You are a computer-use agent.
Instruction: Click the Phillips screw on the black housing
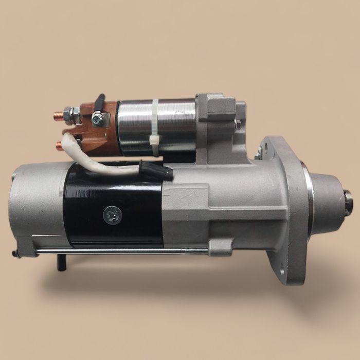pyautogui.click(x=112, y=215)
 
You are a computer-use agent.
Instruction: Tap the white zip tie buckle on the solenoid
pyautogui.click(x=154, y=139)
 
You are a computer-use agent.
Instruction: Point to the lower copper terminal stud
pyautogui.click(x=60, y=146)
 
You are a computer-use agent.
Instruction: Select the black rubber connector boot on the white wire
pyautogui.click(x=156, y=170)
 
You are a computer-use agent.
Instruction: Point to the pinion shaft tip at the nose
pyautogui.click(x=348, y=202)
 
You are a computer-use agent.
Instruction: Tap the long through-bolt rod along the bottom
pyautogui.click(x=123, y=251)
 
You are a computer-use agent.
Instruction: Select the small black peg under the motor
pyautogui.click(x=62, y=262)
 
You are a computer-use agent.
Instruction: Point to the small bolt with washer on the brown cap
pyautogui.click(x=98, y=119)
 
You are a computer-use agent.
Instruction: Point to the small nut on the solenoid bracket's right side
pyautogui.click(x=238, y=124)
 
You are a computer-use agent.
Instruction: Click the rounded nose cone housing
pyautogui.click(x=327, y=201)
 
